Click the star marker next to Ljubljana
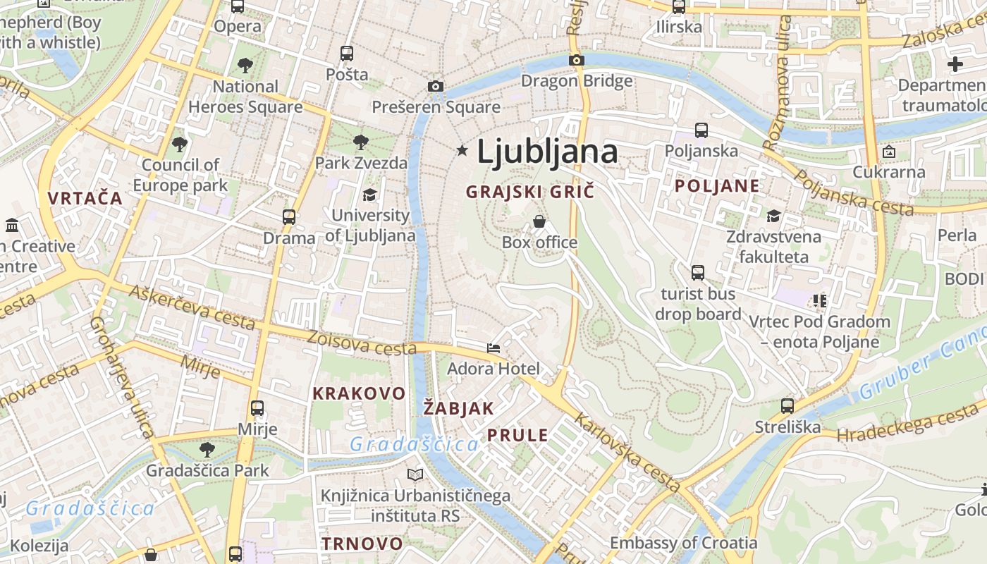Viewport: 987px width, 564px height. pyautogui.click(x=462, y=150)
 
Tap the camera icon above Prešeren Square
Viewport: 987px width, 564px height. pyautogui.click(x=436, y=86)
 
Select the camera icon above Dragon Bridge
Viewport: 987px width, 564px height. pyautogui.click(x=577, y=60)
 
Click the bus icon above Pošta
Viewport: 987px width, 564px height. pyautogui.click(x=346, y=53)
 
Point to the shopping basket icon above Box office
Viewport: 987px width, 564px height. pyautogui.click(x=539, y=221)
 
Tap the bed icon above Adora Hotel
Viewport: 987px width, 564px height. pyautogui.click(x=493, y=348)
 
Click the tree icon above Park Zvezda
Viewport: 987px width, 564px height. pyautogui.click(x=361, y=142)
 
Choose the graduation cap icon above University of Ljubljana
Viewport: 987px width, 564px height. pyautogui.click(x=369, y=195)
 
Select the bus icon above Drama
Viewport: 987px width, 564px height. pyautogui.click(x=289, y=217)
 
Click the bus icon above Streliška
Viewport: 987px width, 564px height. pyautogui.click(x=787, y=406)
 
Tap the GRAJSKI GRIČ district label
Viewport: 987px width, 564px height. pyautogui.click(x=530, y=191)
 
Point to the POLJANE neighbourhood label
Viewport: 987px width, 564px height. pyautogui.click(x=718, y=186)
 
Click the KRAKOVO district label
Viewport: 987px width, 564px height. pyautogui.click(x=359, y=393)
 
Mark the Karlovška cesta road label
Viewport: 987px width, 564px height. pyautogui.click(x=627, y=453)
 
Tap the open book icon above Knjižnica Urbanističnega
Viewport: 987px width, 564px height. pyautogui.click(x=415, y=475)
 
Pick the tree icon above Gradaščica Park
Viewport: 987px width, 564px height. pyautogui.click(x=207, y=449)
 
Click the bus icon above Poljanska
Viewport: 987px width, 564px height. pyautogui.click(x=701, y=130)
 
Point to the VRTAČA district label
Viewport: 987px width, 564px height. pyautogui.click(x=85, y=198)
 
